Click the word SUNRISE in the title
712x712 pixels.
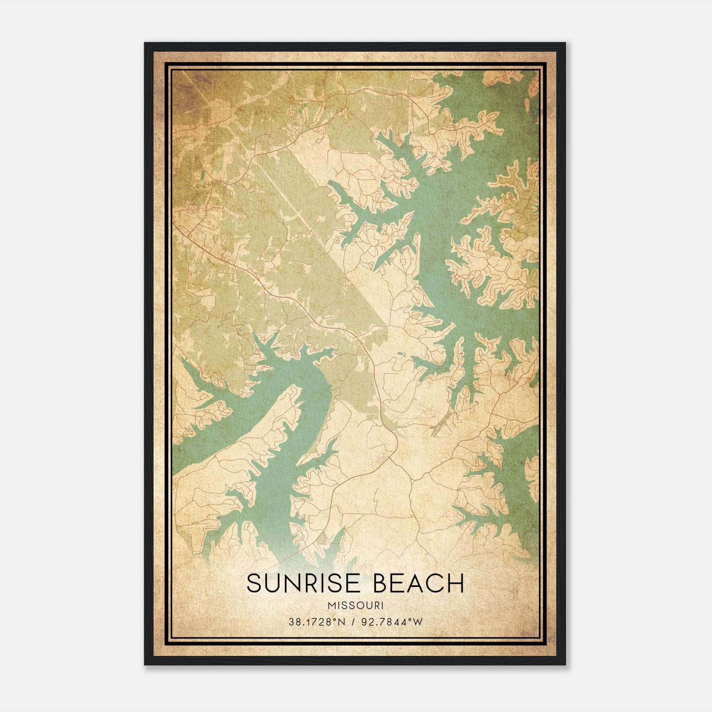(x=303, y=583)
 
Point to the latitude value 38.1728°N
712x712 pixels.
(x=317, y=622)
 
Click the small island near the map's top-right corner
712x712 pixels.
(x=527, y=105)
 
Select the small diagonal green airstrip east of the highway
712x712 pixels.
(x=439, y=427)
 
